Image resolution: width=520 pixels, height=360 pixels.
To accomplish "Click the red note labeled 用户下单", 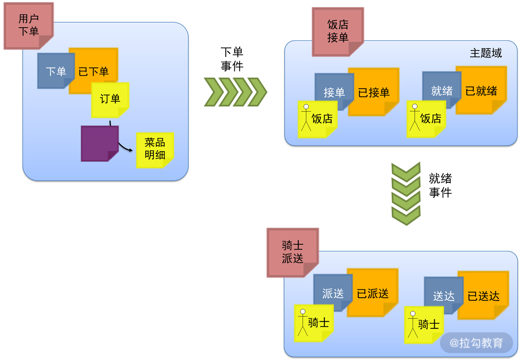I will coord(28,25).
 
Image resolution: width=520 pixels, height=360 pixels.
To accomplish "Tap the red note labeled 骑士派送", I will coord(292,252).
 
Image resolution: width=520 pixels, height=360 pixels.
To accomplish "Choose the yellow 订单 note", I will coord(110,99).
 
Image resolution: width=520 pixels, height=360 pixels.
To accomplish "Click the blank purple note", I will coord(99,143).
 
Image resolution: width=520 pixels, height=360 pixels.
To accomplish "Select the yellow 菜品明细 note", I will coord(155,149).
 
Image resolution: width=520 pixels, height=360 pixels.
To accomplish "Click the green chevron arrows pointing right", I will coord(235,92).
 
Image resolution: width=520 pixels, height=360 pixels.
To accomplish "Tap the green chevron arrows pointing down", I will coord(405,193).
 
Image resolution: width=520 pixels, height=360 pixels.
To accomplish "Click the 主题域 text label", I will coord(485,53).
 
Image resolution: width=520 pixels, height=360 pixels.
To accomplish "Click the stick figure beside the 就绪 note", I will coord(415,117).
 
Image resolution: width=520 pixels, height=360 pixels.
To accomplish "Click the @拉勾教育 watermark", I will coord(476,343).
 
